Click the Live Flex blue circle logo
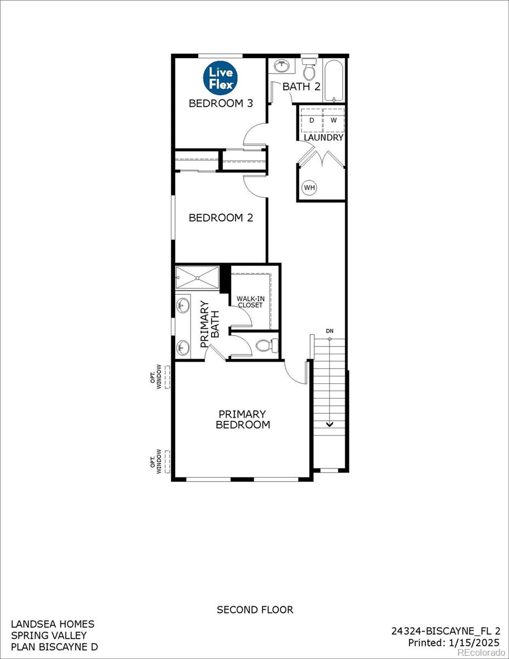click(x=220, y=77)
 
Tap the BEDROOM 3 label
click(x=221, y=103)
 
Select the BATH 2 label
click(x=301, y=87)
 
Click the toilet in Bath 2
click(x=310, y=70)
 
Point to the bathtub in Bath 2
click(x=334, y=81)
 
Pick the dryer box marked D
click(x=311, y=120)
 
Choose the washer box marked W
click(x=333, y=120)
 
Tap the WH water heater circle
click(x=310, y=188)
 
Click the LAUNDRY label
click(x=324, y=138)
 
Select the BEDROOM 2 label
click(x=221, y=218)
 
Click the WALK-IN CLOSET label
click(x=250, y=302)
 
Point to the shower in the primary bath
click(x=197, y=278)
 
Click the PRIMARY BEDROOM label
click(x=243, y=419)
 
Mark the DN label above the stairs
click(x=329, y=331)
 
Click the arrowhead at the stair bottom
click(x=330, y=423)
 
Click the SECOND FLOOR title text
click(x=255, y=610)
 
